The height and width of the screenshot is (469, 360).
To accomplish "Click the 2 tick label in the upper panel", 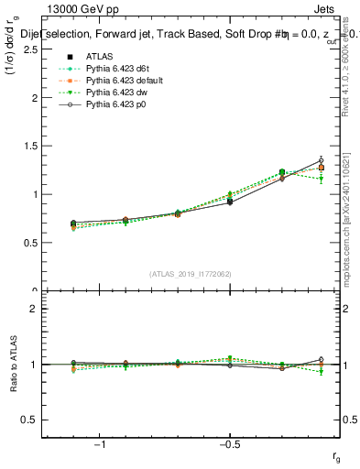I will pyautogui.click(x=34, y=98).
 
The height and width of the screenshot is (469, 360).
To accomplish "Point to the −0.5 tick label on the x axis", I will pyautogui.click(x=228, y=444).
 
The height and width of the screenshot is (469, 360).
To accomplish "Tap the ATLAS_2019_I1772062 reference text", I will pyautogui.click(x=191, y=273).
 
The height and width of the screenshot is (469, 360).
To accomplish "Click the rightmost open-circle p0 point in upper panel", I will pyautogui.click(x=321, y=160).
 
